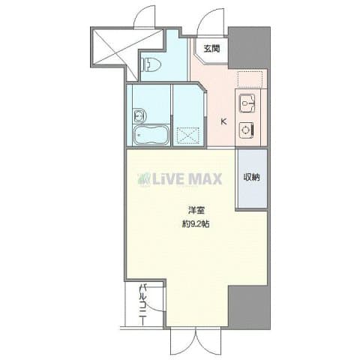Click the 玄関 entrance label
(211, 49)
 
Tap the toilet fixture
(151, 65)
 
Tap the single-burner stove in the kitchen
(245, 129)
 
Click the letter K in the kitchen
(222, 122)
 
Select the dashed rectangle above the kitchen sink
(248, 78)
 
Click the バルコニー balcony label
(141, 308)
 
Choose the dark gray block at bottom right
(247, 307)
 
